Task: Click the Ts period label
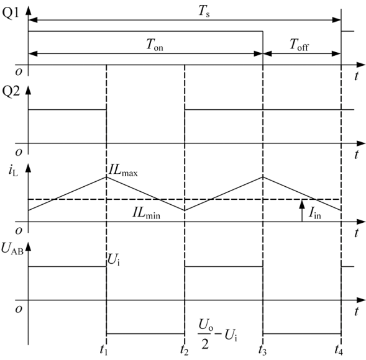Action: [x=204, y=11]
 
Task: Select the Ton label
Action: [x=155, y=45]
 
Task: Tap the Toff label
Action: [x=299, y=45]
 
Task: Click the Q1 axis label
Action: [x=11, y=14]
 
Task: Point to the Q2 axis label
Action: [x=11, y=92]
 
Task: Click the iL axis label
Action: [x=13, y=171]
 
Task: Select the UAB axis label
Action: [x=12, y=248]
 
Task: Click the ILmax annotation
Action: [x=123, y=171]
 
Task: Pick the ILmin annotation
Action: [x=147, y=213]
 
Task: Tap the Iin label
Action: [x=314, y=213]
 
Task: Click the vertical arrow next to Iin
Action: [x=302, y=210]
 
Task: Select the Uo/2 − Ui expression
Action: [x=217, y=334]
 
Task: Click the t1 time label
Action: [x=103, y=349]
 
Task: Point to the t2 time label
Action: [x=184, y=349]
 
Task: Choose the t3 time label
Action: [x=262, y=349]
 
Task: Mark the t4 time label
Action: [x=339, y=349]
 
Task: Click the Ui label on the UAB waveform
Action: [x=114, y=259]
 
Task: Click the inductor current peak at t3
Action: [x=263, y=177]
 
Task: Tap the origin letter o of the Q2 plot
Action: [x=19, y=153]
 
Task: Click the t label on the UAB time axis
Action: [x=356, y=311]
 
